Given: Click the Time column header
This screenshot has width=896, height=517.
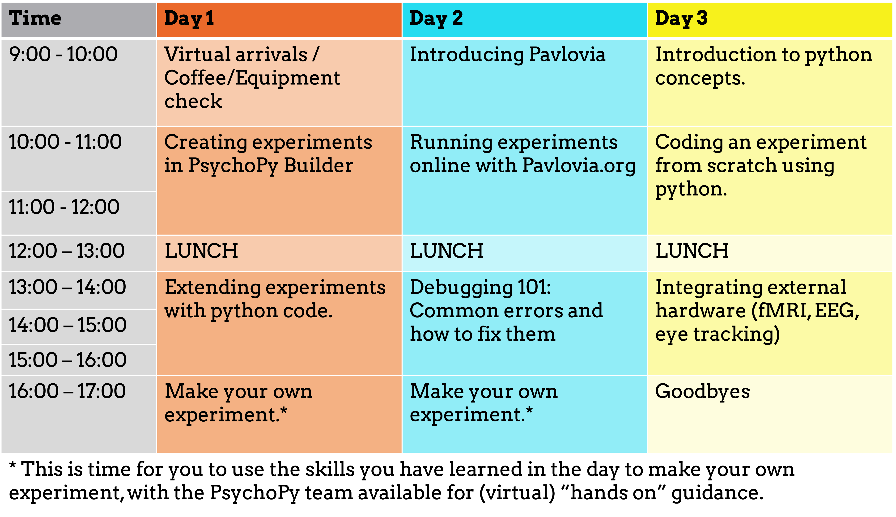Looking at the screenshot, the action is tap(35, 18).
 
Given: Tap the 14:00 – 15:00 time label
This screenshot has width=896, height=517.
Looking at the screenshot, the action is tap(68, 325).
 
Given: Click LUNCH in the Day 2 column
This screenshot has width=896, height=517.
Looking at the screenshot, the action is tap(446, 251).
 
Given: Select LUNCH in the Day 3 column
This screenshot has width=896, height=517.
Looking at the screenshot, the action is tap(692, 251).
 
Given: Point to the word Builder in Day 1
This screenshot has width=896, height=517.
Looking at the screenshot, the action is tap(318, 165).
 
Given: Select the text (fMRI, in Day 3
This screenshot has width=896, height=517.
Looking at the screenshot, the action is tap(781, 311).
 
